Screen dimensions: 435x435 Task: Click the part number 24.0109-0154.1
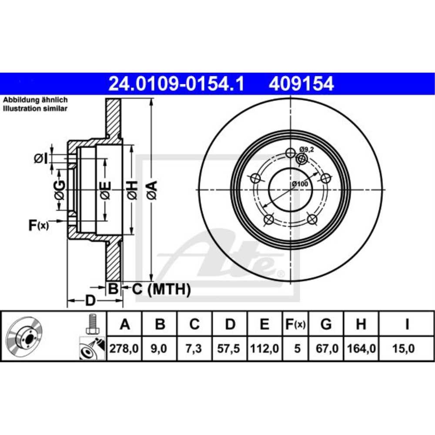[x=176, y=84]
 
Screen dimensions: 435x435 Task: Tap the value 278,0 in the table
[x=125, y=349]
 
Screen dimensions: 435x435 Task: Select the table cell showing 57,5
[x=230, y=349]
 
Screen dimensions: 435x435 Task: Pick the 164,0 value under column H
[x=361, y=349]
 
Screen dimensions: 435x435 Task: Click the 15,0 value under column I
[x=406, y=349]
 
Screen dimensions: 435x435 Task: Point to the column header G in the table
[x=326, y=324]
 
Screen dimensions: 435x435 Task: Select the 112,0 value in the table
[x=264, y=349]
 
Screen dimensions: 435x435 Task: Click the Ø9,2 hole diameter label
[x=307, y=149]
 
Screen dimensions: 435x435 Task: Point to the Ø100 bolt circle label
[x=300, y=184]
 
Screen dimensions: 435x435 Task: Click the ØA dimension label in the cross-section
[x=151, y=190]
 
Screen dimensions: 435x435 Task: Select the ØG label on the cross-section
[x=60, y=190]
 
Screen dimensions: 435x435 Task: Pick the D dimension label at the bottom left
[x=90, y=300]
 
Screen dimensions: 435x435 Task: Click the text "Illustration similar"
[x=35, y=109]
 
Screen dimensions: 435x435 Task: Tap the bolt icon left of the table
[x=91, y=324]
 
